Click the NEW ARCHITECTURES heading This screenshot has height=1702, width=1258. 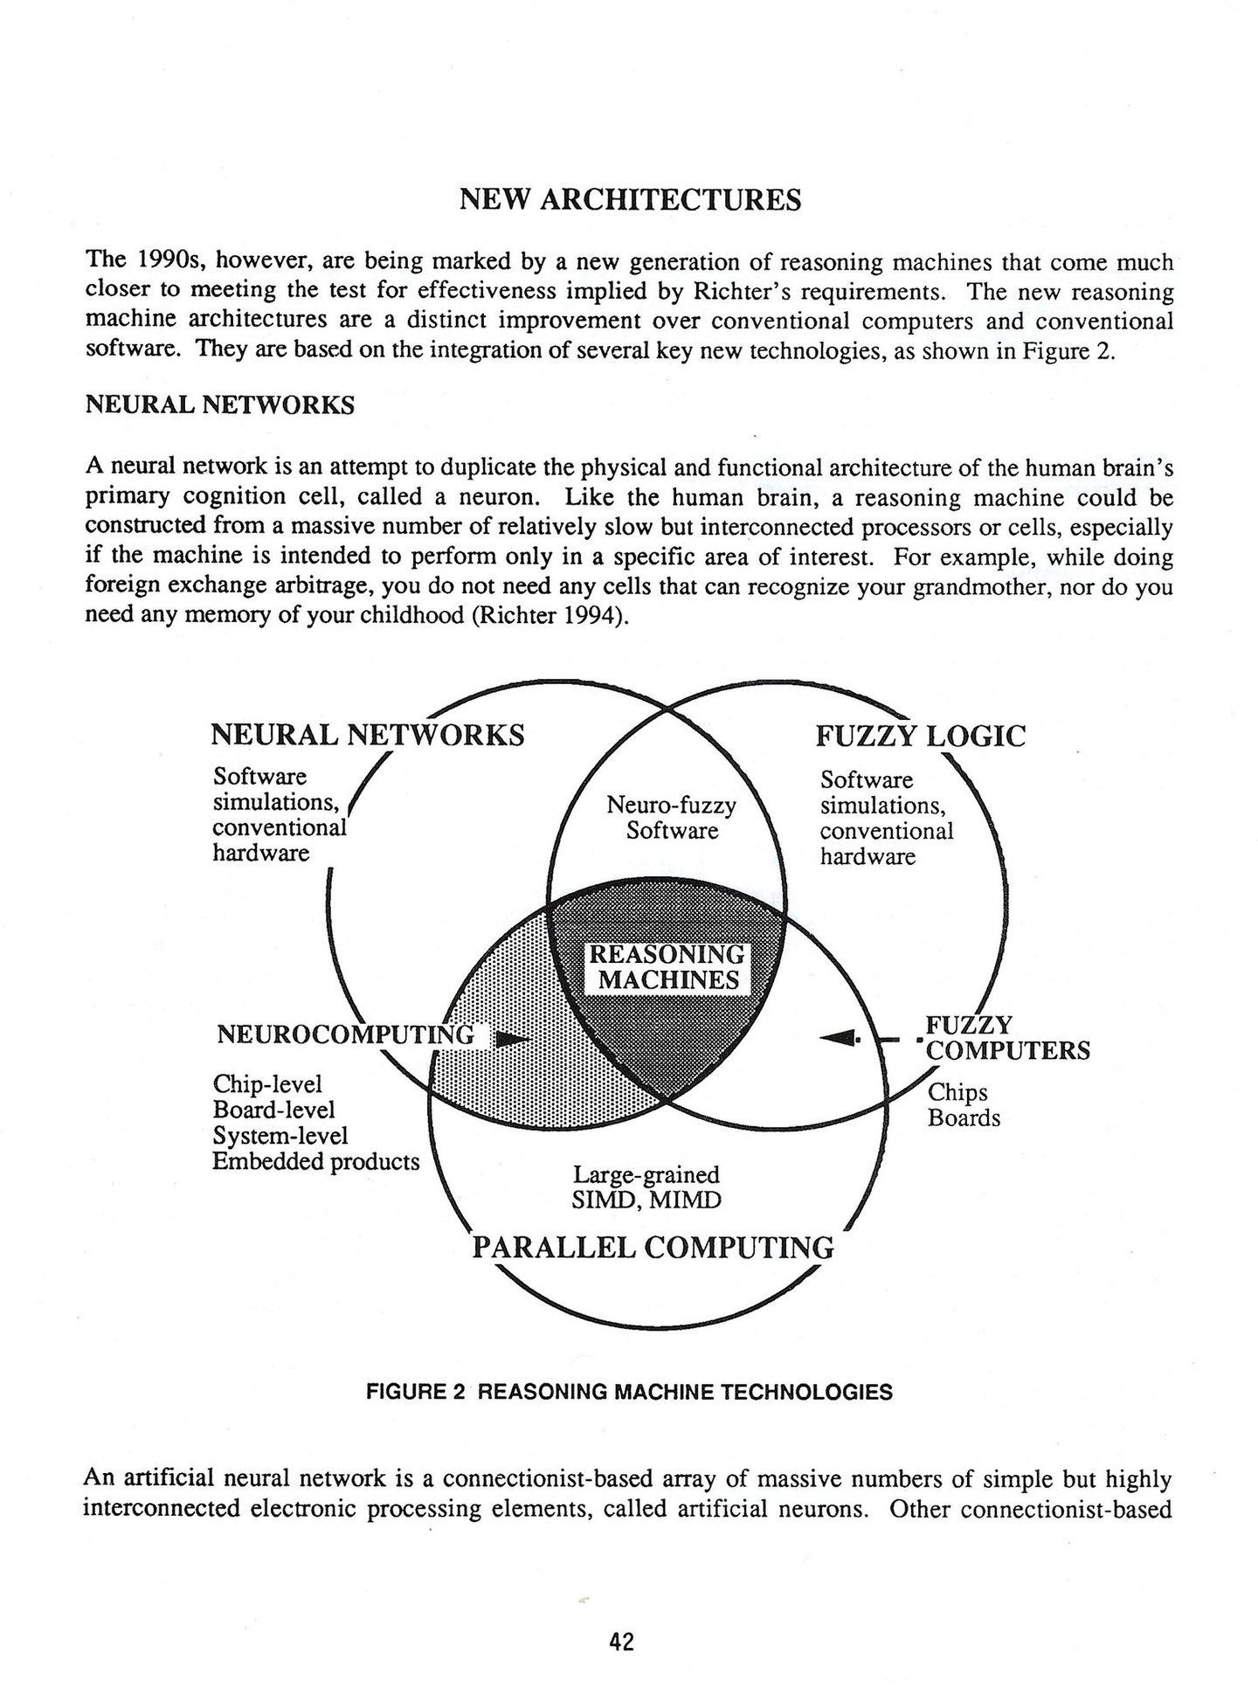point(629,200)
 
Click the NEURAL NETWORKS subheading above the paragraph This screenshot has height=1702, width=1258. point(219,405)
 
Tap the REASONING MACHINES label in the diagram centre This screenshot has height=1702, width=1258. point(668,966)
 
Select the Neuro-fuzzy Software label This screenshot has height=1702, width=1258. point(671,817)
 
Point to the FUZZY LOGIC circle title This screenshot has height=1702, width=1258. point(920,736)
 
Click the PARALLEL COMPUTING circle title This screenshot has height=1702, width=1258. point(653,1248)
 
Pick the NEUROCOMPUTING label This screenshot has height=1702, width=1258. point(345,1035)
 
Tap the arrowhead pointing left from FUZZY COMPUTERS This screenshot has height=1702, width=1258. point(840,1037)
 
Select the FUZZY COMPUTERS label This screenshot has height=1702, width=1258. point(1007,1037)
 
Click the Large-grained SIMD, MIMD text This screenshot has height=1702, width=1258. point(646,1187)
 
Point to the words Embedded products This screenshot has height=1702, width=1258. point(316,1162)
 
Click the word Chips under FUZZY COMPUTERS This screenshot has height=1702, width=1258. point(957,1092)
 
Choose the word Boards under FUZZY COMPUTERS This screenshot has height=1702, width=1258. point(964,1118)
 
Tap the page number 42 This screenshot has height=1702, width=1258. point(621,1642)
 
